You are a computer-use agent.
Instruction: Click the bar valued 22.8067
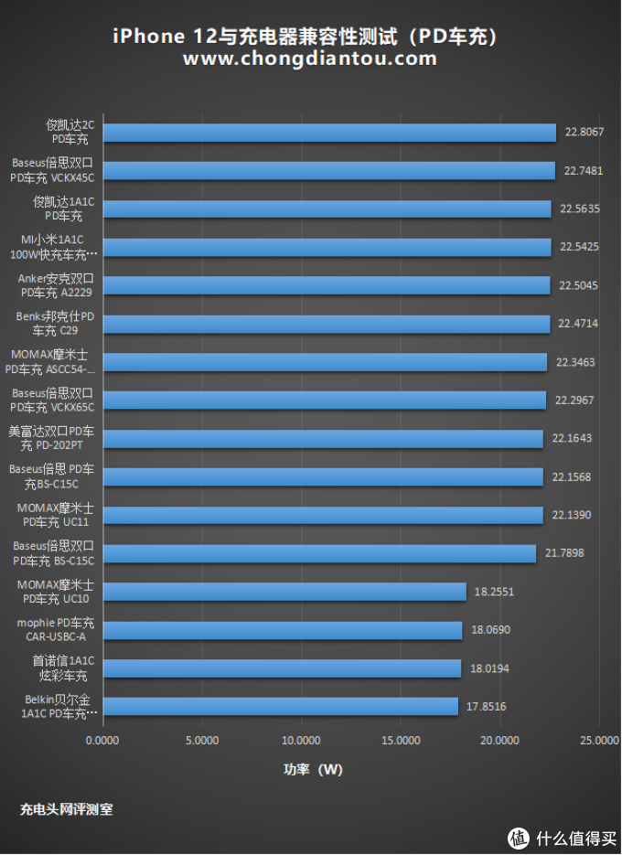[329, 133]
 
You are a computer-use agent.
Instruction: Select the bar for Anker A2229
[326, 285]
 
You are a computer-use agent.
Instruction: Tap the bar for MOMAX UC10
[284, 592]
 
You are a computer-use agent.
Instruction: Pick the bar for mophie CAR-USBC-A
[282, 630]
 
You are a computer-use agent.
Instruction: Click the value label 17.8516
[487, 706]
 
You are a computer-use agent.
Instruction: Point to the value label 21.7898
[564, 553]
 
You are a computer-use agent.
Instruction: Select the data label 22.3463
[575, 362]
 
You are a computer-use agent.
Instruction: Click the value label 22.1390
[572, 515]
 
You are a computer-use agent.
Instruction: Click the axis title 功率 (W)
[313, 770]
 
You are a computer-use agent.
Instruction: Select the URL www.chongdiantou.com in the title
[309, 59]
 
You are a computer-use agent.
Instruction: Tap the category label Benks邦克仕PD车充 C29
[56, 324]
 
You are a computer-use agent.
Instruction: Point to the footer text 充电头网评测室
[67, 809]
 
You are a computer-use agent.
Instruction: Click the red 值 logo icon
[519, 836]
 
